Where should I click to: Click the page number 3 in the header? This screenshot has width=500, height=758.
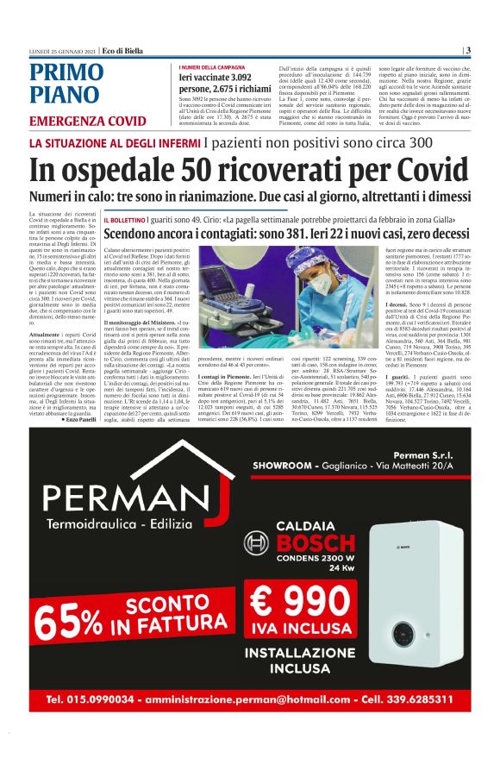pyautogui.click(x=467, y=50)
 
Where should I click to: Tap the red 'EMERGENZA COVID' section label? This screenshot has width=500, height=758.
pyautogui.click(x=87, y=120)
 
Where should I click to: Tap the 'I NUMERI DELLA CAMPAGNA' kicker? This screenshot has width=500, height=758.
pyautogui.click(x=213, y=67)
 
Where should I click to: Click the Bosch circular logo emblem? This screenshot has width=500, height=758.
pyautogui.click(x=257, y=544)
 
